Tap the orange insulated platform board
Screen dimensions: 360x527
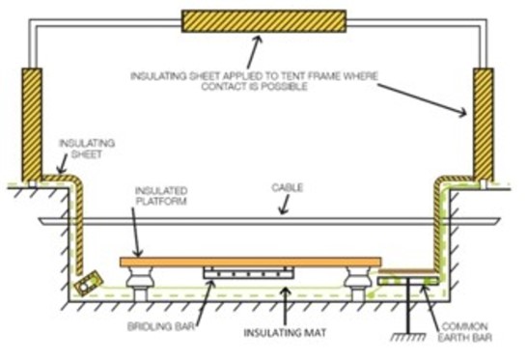[250, 261]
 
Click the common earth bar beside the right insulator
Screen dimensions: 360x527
[405, 280]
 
